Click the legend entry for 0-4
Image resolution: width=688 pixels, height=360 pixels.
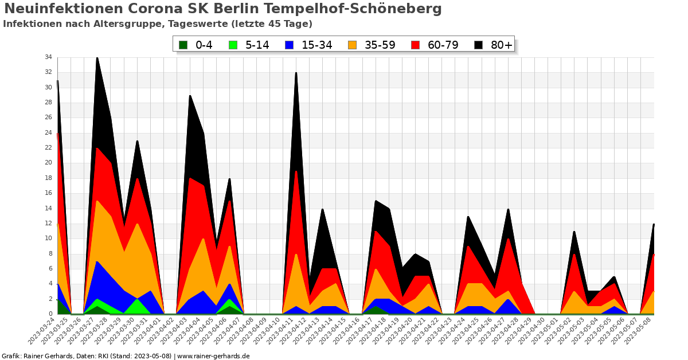196,45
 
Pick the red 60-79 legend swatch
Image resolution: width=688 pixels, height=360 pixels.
417,45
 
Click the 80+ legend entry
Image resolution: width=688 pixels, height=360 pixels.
494,45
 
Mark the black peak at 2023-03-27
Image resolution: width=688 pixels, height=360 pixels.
97,58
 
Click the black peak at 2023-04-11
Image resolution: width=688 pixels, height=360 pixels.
296,73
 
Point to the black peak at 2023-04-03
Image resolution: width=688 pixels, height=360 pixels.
190,96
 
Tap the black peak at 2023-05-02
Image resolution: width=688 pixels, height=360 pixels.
574,232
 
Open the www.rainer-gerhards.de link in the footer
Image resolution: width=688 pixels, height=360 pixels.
213,356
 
